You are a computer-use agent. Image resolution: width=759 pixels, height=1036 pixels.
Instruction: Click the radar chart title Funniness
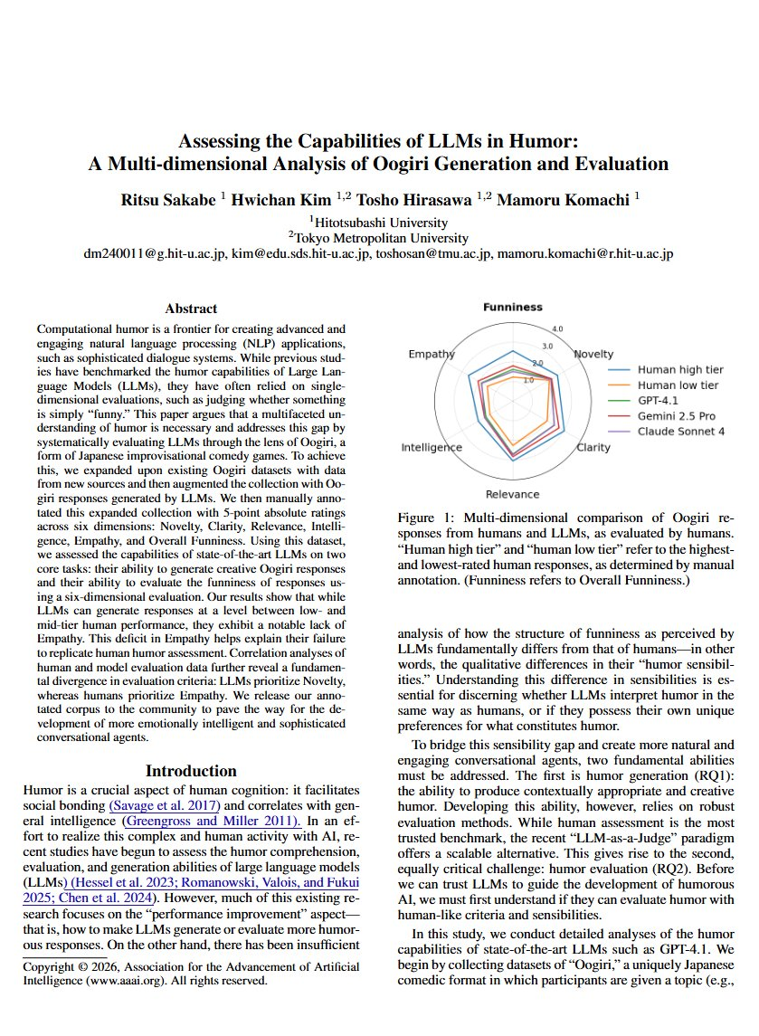[x=513, y=308]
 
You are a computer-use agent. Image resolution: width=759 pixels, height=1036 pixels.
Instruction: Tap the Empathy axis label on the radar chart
[x=431, y=354]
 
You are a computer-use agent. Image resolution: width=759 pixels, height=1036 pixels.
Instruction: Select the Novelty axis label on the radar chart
[x=594, y=354]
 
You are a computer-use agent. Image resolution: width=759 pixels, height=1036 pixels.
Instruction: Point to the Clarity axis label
[x=593, y=448]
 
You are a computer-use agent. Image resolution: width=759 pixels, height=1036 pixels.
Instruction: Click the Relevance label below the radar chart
[x=512, y=494]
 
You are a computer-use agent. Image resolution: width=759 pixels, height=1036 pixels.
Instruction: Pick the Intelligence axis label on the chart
[x=432, y=448]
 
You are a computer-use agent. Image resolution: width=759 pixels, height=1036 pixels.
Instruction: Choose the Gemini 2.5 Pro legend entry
[x=676, y=416]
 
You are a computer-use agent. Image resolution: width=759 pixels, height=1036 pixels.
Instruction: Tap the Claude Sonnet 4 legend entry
[x=680, y=432]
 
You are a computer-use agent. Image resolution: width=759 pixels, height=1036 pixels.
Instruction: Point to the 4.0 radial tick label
[x=558, y=328]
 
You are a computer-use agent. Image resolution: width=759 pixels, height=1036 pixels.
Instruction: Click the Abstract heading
[x=191, y=309]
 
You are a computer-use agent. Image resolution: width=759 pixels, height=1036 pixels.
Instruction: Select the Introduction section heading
[x=191, y=771]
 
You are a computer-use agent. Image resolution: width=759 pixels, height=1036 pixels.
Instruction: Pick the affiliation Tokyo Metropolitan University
[x=381, y=238]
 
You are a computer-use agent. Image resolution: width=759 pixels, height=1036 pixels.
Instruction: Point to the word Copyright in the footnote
[x=49, y=966]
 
